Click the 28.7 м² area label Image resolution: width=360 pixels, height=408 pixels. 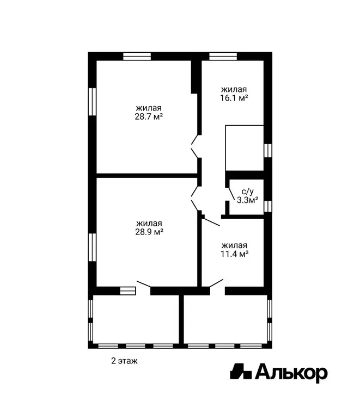coord(149,116)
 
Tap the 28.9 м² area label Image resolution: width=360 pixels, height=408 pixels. coord(149,232)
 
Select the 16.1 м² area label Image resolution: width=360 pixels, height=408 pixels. coord(234,98)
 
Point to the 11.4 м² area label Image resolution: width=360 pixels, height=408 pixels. coord(234,254)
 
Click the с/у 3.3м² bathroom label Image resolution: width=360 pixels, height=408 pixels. coord(247,196)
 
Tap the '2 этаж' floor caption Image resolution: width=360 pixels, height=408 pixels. coord(124,361)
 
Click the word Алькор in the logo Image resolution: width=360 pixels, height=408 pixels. coord(291,373)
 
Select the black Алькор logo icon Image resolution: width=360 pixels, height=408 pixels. coord(241,372)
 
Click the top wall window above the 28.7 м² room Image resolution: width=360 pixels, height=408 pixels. coord(137,56)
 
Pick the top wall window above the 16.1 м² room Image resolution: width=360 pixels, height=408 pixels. coord(223,56)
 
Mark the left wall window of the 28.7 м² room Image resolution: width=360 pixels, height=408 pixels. coord(92,102)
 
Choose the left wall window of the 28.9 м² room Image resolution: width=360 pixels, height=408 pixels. coord(92,247)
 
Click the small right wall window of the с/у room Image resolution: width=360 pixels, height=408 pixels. coord(268,206)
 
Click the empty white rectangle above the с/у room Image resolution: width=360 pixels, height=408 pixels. coord(245,148)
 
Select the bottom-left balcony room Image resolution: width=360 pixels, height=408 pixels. coord(136,319)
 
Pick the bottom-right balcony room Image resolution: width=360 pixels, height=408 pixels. coord(225,319)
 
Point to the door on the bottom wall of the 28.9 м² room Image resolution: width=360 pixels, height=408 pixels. coord(144,284)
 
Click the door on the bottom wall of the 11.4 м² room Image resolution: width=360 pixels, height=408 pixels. coord(216,283)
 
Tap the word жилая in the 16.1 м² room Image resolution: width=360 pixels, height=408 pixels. coord(234,90)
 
